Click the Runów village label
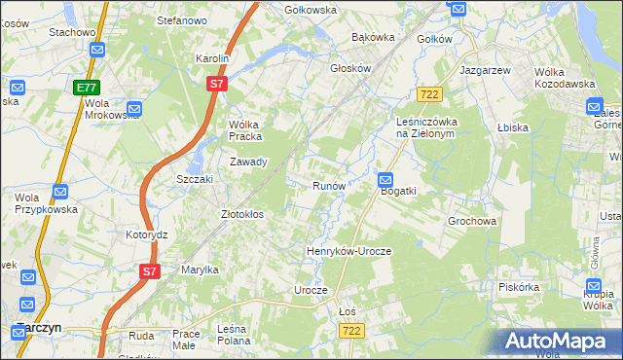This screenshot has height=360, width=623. point(328,185)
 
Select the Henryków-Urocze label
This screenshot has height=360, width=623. point(348,251)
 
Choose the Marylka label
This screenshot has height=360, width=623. point(200,270)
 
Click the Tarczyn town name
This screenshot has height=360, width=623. point(39,328)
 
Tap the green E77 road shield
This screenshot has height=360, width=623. point(85,88)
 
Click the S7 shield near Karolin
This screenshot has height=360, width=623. point(217,85)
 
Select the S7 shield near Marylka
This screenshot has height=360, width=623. point(148,271)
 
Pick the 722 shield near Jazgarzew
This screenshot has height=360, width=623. point(428,93)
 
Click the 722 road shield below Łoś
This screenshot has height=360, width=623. point(352,332)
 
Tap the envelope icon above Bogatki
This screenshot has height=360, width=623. point(385,179)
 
